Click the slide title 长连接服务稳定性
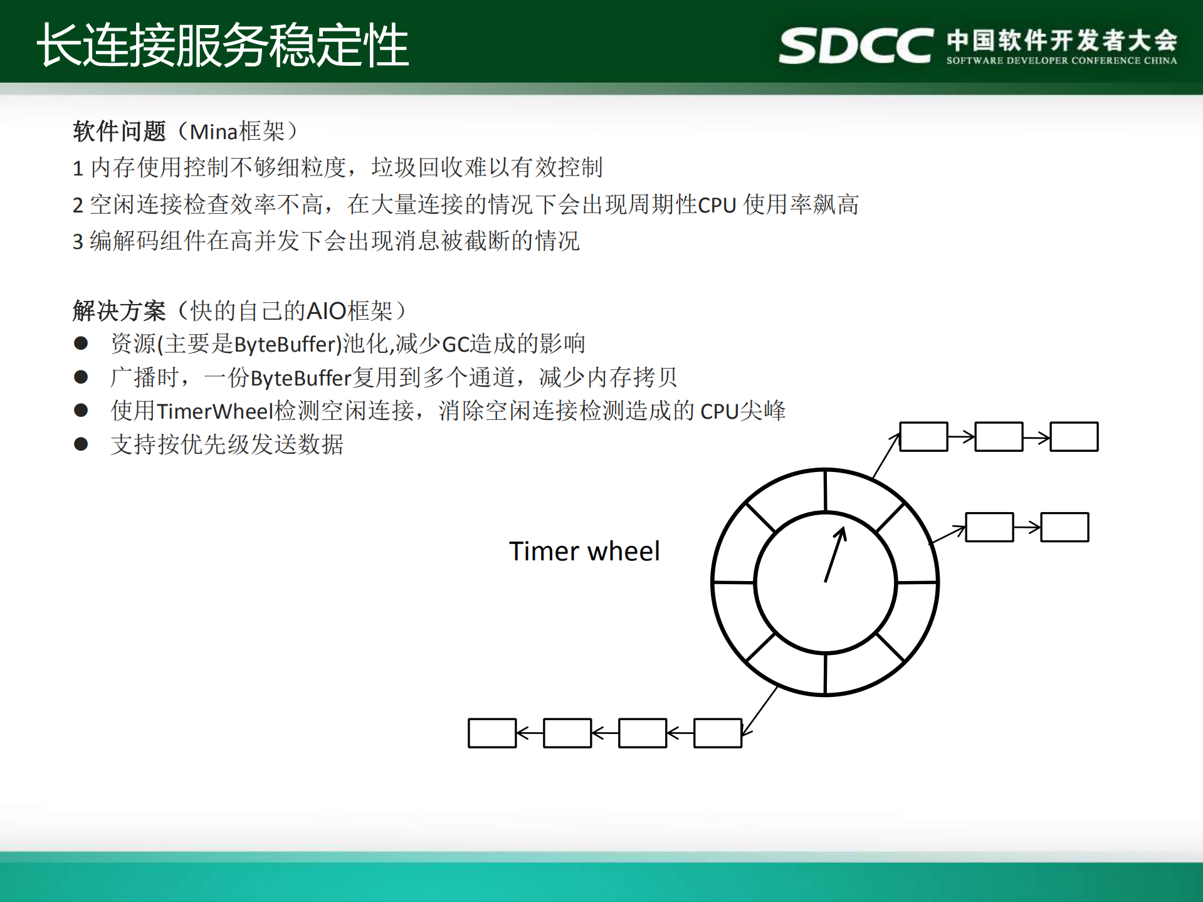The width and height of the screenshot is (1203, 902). (223, 45)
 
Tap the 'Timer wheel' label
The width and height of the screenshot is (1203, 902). (584, 551)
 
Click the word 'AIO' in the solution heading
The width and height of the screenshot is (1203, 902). (326, 311)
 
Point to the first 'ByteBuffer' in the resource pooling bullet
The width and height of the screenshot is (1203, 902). (287, 344)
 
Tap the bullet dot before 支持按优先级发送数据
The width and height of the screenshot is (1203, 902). (81, 444)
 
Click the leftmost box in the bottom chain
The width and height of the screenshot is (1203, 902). (492, 733)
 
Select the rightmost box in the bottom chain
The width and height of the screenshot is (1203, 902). (718, 733)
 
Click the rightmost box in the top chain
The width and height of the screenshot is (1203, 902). (1074, 436)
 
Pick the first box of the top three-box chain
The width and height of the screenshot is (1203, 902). (923, 436)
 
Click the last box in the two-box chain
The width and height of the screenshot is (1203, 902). (1064, 527)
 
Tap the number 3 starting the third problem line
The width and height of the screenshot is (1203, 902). (78, 242)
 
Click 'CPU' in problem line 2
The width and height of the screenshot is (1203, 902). (717, 206)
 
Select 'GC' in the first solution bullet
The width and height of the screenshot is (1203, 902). (456, 344)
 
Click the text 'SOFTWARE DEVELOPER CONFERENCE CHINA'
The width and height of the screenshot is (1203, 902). (1061, 61)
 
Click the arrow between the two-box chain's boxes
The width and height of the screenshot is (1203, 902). (1027, 527)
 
